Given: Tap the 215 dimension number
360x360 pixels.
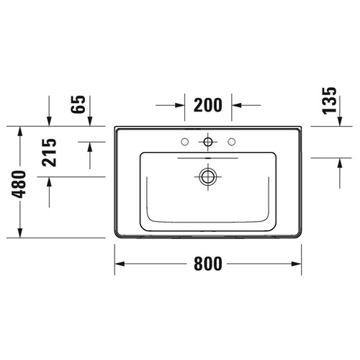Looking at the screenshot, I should click(50, 152).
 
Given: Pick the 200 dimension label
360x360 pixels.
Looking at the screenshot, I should click(207, 105).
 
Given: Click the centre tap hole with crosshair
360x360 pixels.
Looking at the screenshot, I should click(209, 140).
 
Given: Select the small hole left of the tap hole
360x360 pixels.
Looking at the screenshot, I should click(185, 140).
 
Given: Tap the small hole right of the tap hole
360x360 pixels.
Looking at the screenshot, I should click(232, 140).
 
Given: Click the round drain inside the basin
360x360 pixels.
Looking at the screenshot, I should click(209, 175).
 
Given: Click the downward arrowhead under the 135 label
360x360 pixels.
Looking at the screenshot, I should click(337, 122).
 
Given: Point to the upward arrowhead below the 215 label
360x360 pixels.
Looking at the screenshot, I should click(49, 181).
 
